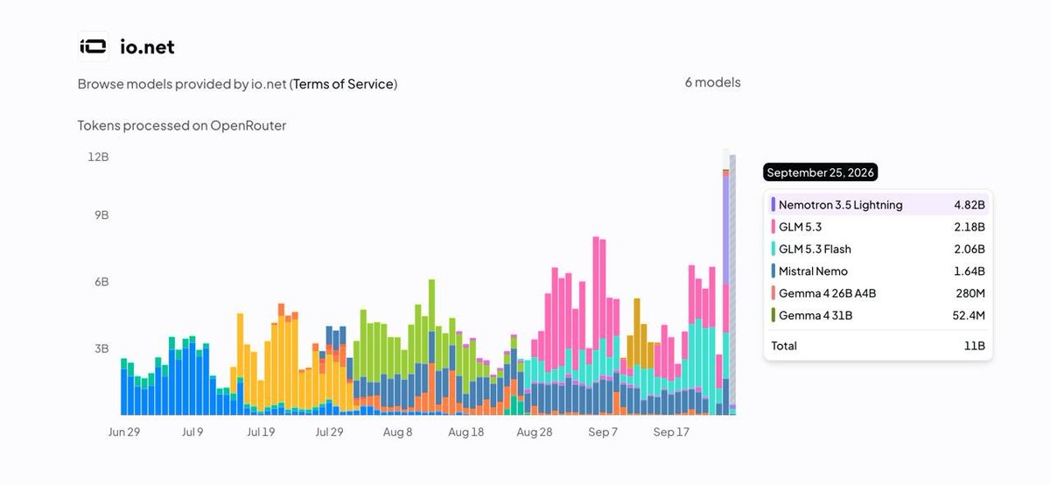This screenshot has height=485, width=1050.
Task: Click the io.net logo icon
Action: pyautogui.click(x=93, y=46)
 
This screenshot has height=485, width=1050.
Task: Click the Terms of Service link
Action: pyautogui.click(x=343, y=84)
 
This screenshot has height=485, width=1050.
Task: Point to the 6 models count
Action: pyautogui.click(x=712, y=82)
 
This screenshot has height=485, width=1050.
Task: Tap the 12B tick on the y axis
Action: pyautogui.click(x=98, y=157)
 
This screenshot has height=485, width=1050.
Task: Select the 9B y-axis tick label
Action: pyautogui.click(x=101, y=214)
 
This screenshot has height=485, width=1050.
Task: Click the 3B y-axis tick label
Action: pyautogui.click(x=101, y=348)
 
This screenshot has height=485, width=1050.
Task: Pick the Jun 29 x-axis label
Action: pyautogui.click(x=123, y=432)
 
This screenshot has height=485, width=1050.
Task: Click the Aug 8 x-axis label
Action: pyautogui.click(x=397, y=432)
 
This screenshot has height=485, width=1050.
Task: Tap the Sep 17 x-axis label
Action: pyautogui.click(x=671, y=432)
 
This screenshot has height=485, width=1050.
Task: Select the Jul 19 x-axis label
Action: pyautogui.click(x=261, y=432)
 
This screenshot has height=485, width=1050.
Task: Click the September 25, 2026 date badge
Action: pyautogui.click(x=821, y=172)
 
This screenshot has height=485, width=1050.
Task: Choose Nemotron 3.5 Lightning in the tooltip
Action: pyautogui.click(x=841, y=205)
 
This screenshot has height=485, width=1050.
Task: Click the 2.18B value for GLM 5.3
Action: pyautogui.click(x=969, y=227)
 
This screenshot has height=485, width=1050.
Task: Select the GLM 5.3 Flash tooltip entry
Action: pyautogui.click(x=815, y=250)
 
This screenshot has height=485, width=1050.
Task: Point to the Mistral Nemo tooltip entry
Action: pyautogui.click(x=813, y=271)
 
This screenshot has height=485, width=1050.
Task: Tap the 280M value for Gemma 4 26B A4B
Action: pyautogui.click(x=970, y=293)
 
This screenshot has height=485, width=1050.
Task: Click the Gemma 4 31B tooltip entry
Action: pyautogui.click(x=815, y=315)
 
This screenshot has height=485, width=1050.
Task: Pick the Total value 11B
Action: pyautogui.click(x=975, y=346)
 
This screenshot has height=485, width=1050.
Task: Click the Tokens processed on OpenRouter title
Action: pyautogui.click(x=182, y=126)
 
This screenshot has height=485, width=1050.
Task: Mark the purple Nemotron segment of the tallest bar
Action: pyautogui.click(x=725, y=230)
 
